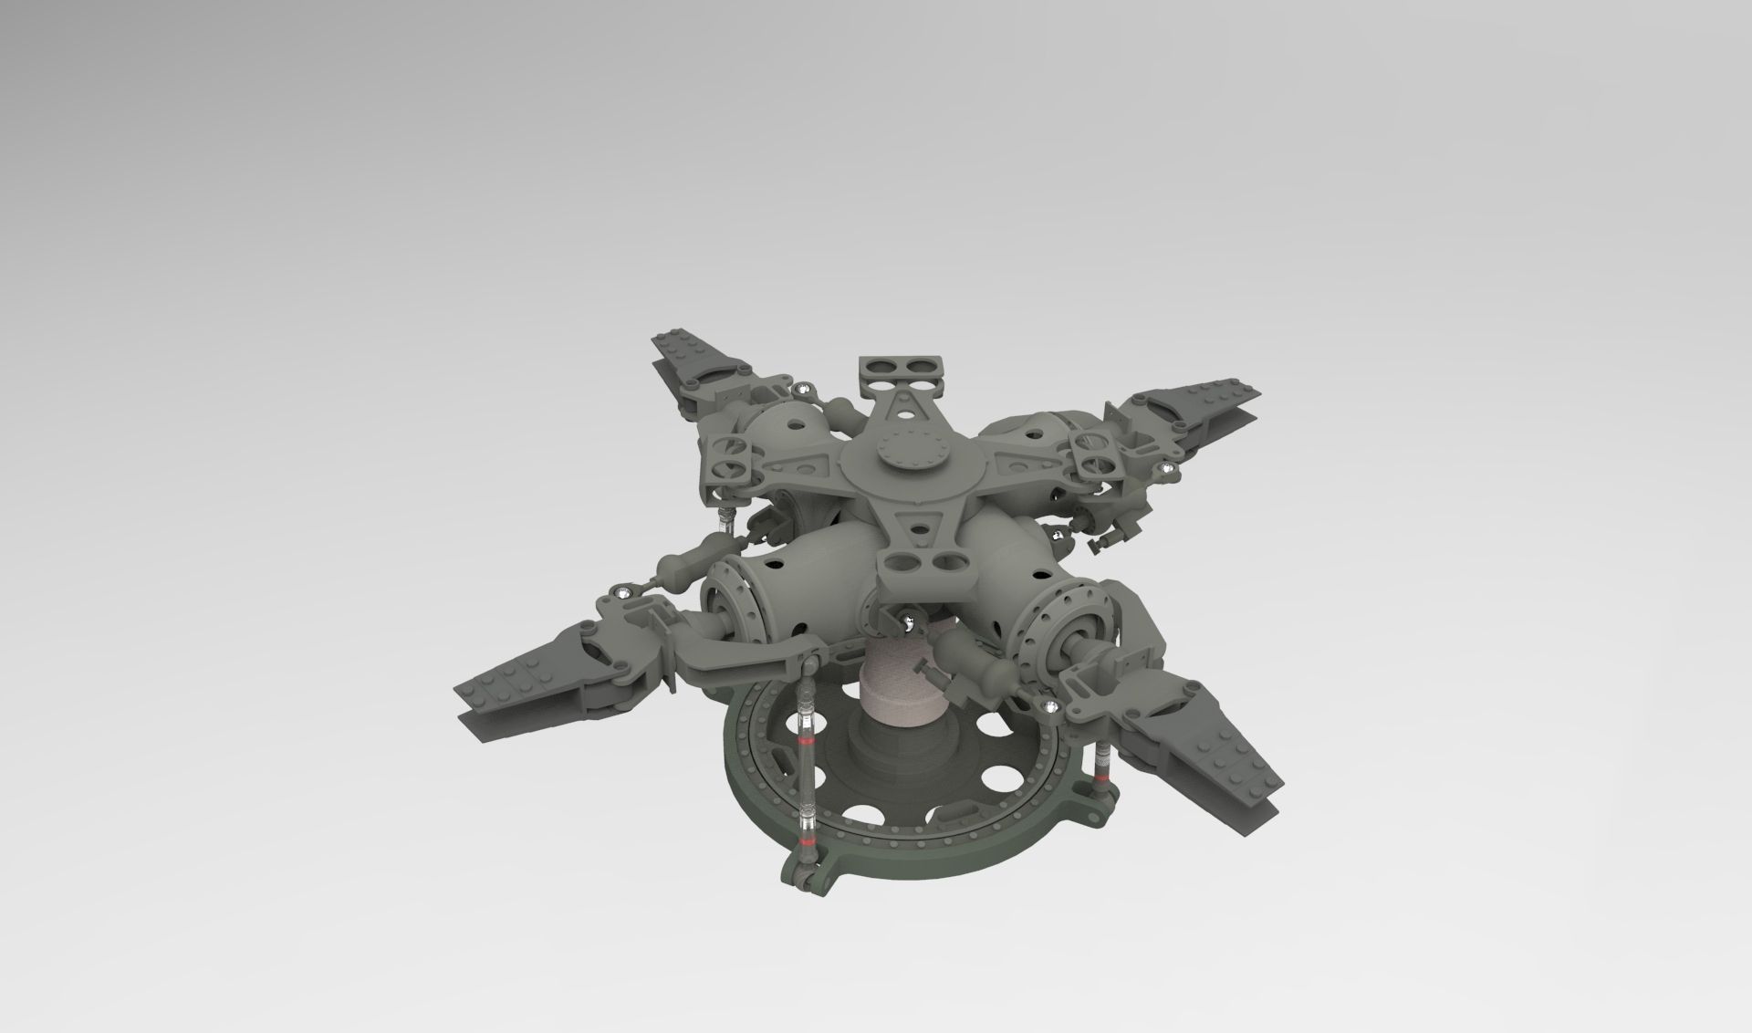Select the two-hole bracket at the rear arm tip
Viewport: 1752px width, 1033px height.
(902, 369)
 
